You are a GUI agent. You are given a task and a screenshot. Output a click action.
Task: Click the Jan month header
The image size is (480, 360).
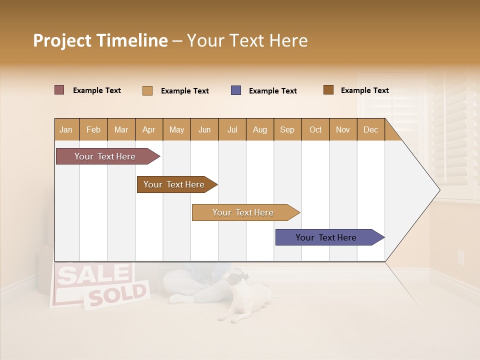tap(66, 129)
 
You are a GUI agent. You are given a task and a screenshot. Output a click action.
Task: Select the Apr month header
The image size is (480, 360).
tap(148, 129)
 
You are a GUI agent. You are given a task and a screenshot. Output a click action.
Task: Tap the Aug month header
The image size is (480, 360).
tap(259, 129)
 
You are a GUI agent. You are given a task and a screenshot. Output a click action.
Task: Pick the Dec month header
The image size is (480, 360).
tap(370, 129)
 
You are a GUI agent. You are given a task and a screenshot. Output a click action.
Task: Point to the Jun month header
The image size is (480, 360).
tap(204, 129)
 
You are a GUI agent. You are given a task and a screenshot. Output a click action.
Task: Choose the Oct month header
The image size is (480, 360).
tap(315, 129)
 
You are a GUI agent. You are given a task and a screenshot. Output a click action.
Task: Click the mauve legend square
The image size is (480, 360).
tap(59, 90)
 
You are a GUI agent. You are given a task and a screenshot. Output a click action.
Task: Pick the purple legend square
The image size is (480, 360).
tap(236, 90)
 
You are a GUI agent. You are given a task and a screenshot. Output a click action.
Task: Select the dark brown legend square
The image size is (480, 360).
tap(328, 90)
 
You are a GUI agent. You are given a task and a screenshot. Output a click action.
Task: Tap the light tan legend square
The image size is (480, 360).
tap(147, 90)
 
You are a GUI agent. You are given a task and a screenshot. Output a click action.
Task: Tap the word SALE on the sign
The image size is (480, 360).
tap(92, 275)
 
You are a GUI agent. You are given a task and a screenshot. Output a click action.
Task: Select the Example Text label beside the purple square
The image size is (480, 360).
tap(272, 91)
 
